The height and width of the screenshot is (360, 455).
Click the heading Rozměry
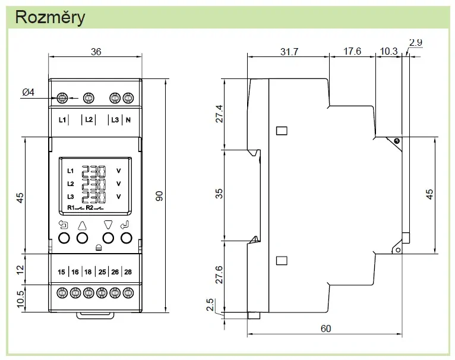(x=50, y=17)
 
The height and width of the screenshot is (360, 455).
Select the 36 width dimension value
(x=96, y=52)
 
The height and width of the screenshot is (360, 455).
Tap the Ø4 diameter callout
(x=28, y=92)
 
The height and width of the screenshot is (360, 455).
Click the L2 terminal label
(x=89, y=119)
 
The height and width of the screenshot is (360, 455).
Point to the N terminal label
(x=128, y=119)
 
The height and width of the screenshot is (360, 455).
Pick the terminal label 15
(x=61, y=272)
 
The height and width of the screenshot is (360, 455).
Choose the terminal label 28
(x=128, y=272)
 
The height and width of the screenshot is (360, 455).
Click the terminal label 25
(x=102, y=272)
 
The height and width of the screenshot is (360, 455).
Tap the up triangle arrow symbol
(x=83, y=226)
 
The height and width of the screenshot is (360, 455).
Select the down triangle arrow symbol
(x=108, y=225)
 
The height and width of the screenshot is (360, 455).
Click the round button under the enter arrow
(x=127, y=238)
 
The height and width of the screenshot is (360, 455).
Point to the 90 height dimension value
(x=159, y=196)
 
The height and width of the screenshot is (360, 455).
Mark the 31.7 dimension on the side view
(x=289, y=52)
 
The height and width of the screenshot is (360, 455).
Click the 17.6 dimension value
(x=352, y=52)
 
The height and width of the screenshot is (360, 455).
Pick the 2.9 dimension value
(x=416, y=42)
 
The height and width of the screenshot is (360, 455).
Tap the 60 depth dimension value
(x=326, y=329)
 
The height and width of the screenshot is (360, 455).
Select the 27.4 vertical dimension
(x=220, y=114)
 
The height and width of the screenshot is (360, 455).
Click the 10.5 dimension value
(x=20, y=299)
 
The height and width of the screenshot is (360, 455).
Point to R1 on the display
(x=71, y=207)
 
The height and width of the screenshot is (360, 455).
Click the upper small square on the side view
(x=282, y=131)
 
